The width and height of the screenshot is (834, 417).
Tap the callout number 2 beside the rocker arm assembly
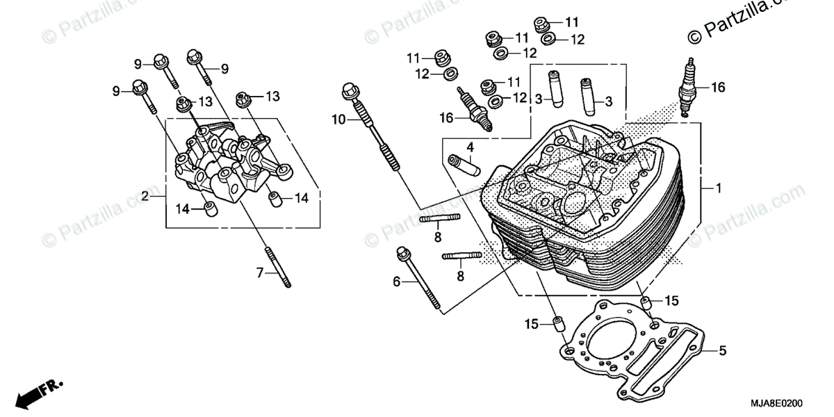[145, 197]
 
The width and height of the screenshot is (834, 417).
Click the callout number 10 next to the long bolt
[338, 120]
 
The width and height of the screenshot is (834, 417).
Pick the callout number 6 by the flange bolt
[396, 281]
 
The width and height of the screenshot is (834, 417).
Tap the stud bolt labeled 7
[275, 267]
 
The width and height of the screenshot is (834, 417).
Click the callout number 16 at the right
[718, 88]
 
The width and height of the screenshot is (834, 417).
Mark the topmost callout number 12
[578, 40]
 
